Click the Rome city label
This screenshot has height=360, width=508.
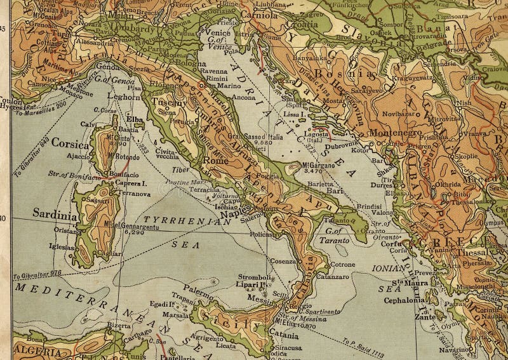coord(216,161)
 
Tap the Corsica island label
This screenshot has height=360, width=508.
coord(70,142)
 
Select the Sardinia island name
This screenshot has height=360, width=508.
coord(55,213)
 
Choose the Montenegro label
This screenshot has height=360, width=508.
coord(396,132)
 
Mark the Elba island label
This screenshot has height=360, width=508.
coord(134,117)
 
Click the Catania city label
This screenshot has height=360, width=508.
coord(283,335)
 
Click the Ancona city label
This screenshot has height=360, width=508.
coord(244,97)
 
